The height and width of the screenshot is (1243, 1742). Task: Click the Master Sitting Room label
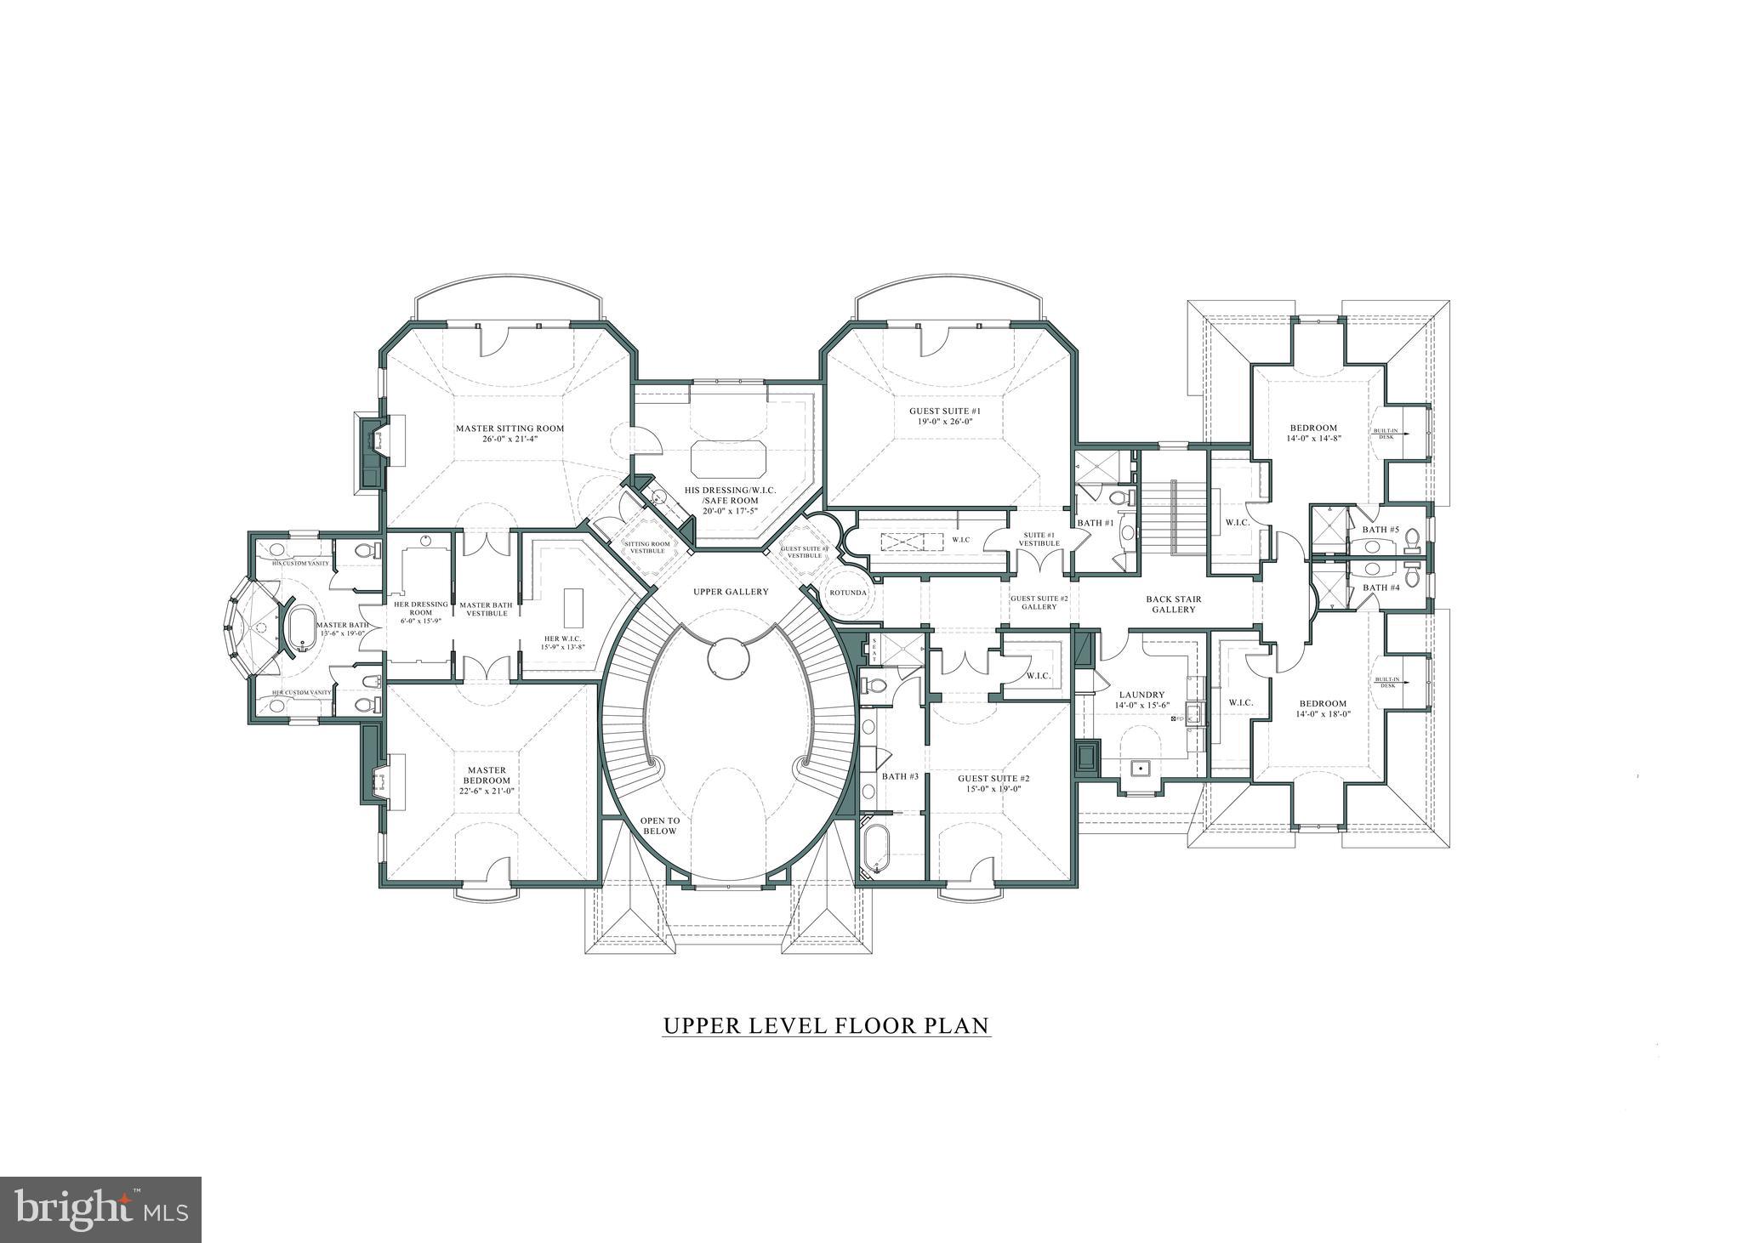(x=509, y=429)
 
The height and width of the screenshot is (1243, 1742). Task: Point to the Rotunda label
(x=846, y=593)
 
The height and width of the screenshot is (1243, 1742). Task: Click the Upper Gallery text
(x=730, y=592)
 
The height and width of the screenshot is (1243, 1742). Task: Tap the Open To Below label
(x=659, y=826)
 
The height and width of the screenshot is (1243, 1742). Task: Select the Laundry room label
(x=1141, y=695)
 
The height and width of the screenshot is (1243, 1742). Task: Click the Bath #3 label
(x=900, y=776)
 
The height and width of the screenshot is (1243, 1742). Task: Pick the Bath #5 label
(x=1381, y=530)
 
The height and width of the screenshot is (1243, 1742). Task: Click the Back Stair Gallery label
(x=1174, y=604)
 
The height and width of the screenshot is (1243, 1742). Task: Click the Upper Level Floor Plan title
(x=826, y=1026)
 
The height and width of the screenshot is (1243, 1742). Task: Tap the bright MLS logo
(x=100, y=1209)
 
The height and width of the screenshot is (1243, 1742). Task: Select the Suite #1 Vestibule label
(x=1041, y=539)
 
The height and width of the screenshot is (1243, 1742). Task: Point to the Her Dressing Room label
(x=420, y=609)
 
